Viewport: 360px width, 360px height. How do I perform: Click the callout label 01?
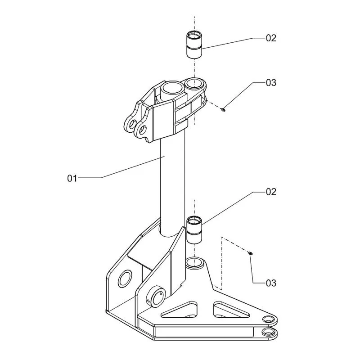click(x=72, y=178)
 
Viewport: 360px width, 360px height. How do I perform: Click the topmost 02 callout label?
click(x=271, y=38)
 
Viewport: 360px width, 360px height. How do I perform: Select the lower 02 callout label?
click(x=271, y=192)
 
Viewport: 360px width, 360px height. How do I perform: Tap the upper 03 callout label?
click(x=271, y=83)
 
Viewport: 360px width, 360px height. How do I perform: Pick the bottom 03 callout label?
click(x=271, y=283)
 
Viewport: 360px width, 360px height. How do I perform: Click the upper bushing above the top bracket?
click(x=194, y=45)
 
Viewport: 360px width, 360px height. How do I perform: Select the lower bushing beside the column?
click(x=194, y=230)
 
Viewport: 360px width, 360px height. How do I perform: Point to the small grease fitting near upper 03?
click(x=223, y=110)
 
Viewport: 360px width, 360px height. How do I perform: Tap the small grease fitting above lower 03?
click(x=251, y=253)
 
